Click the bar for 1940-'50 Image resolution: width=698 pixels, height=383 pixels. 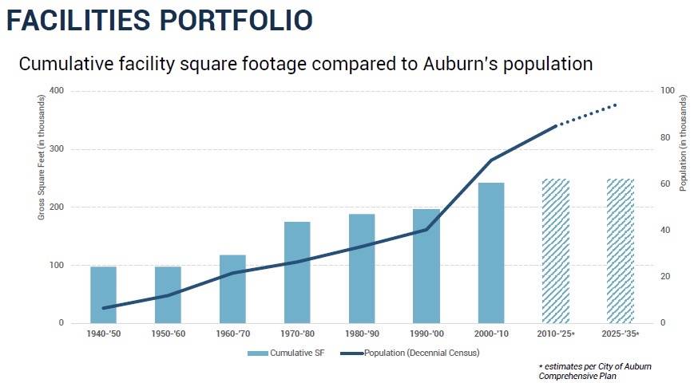[x=103, y=294]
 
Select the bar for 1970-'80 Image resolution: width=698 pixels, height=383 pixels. [x=297, y=272]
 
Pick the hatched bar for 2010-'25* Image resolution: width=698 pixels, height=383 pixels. [x=555, y=251]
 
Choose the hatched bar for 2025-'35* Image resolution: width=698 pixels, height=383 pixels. [x=620, y=251]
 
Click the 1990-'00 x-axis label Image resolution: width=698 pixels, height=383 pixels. [x=426, y=333]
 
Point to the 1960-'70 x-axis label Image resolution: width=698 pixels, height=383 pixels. [x=232, y=333]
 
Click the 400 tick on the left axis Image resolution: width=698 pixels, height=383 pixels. [x=57, y=91]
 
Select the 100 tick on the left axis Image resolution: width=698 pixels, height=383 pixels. [x=57, y=265]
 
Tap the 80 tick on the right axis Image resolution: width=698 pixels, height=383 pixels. [x=666, y=138]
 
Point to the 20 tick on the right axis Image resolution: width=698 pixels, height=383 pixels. [x=666, y=277]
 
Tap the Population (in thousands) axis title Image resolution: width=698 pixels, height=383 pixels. [x=684, y=140]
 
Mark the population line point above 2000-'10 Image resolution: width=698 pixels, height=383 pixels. [x=490, y=160]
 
